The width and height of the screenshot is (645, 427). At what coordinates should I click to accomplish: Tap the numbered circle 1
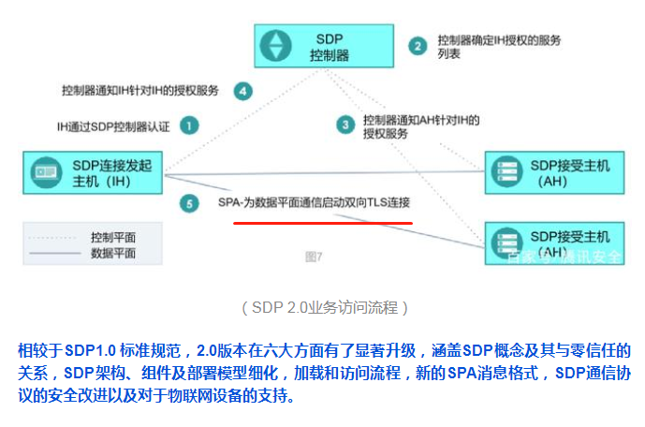[189, 125]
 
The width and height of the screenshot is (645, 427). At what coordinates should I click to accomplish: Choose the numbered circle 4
[242, 91]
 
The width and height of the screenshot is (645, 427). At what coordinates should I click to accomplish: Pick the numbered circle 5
[189, 203]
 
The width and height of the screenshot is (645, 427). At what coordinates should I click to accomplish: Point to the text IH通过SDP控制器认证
[115, 125]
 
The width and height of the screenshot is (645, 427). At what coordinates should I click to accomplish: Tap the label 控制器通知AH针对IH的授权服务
[420, 126]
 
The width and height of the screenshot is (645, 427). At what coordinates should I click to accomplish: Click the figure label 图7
[314, 256]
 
